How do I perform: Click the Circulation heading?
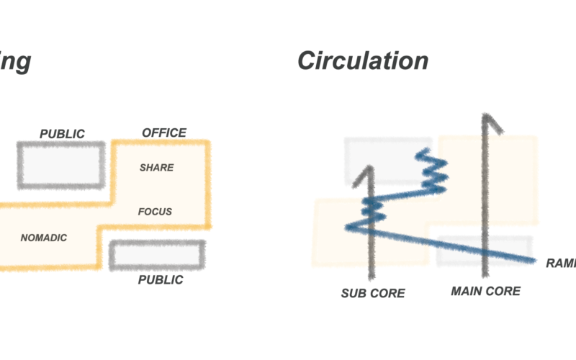click(x=363, y=61)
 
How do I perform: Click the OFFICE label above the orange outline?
click(x=164, y=132)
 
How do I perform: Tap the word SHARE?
click(x=157, y=168)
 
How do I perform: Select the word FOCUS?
click(x=156, y=212)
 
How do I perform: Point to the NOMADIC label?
click(x=44, y=238)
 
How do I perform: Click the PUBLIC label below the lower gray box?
click(x=161, y=279)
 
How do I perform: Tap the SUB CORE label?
click(x=373, y=293)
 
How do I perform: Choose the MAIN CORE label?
click(x=485, y=291)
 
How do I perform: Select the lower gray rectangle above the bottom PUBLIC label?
click(x=157, y=255)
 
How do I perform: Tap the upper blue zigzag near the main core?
click(x=433, y=171)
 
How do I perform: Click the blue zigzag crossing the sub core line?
click(x=372, y=209)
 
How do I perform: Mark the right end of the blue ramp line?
click(x=534, y=260)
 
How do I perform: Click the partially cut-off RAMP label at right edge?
click(x=561, y=264)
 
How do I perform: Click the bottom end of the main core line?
click(x=486, y=274)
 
